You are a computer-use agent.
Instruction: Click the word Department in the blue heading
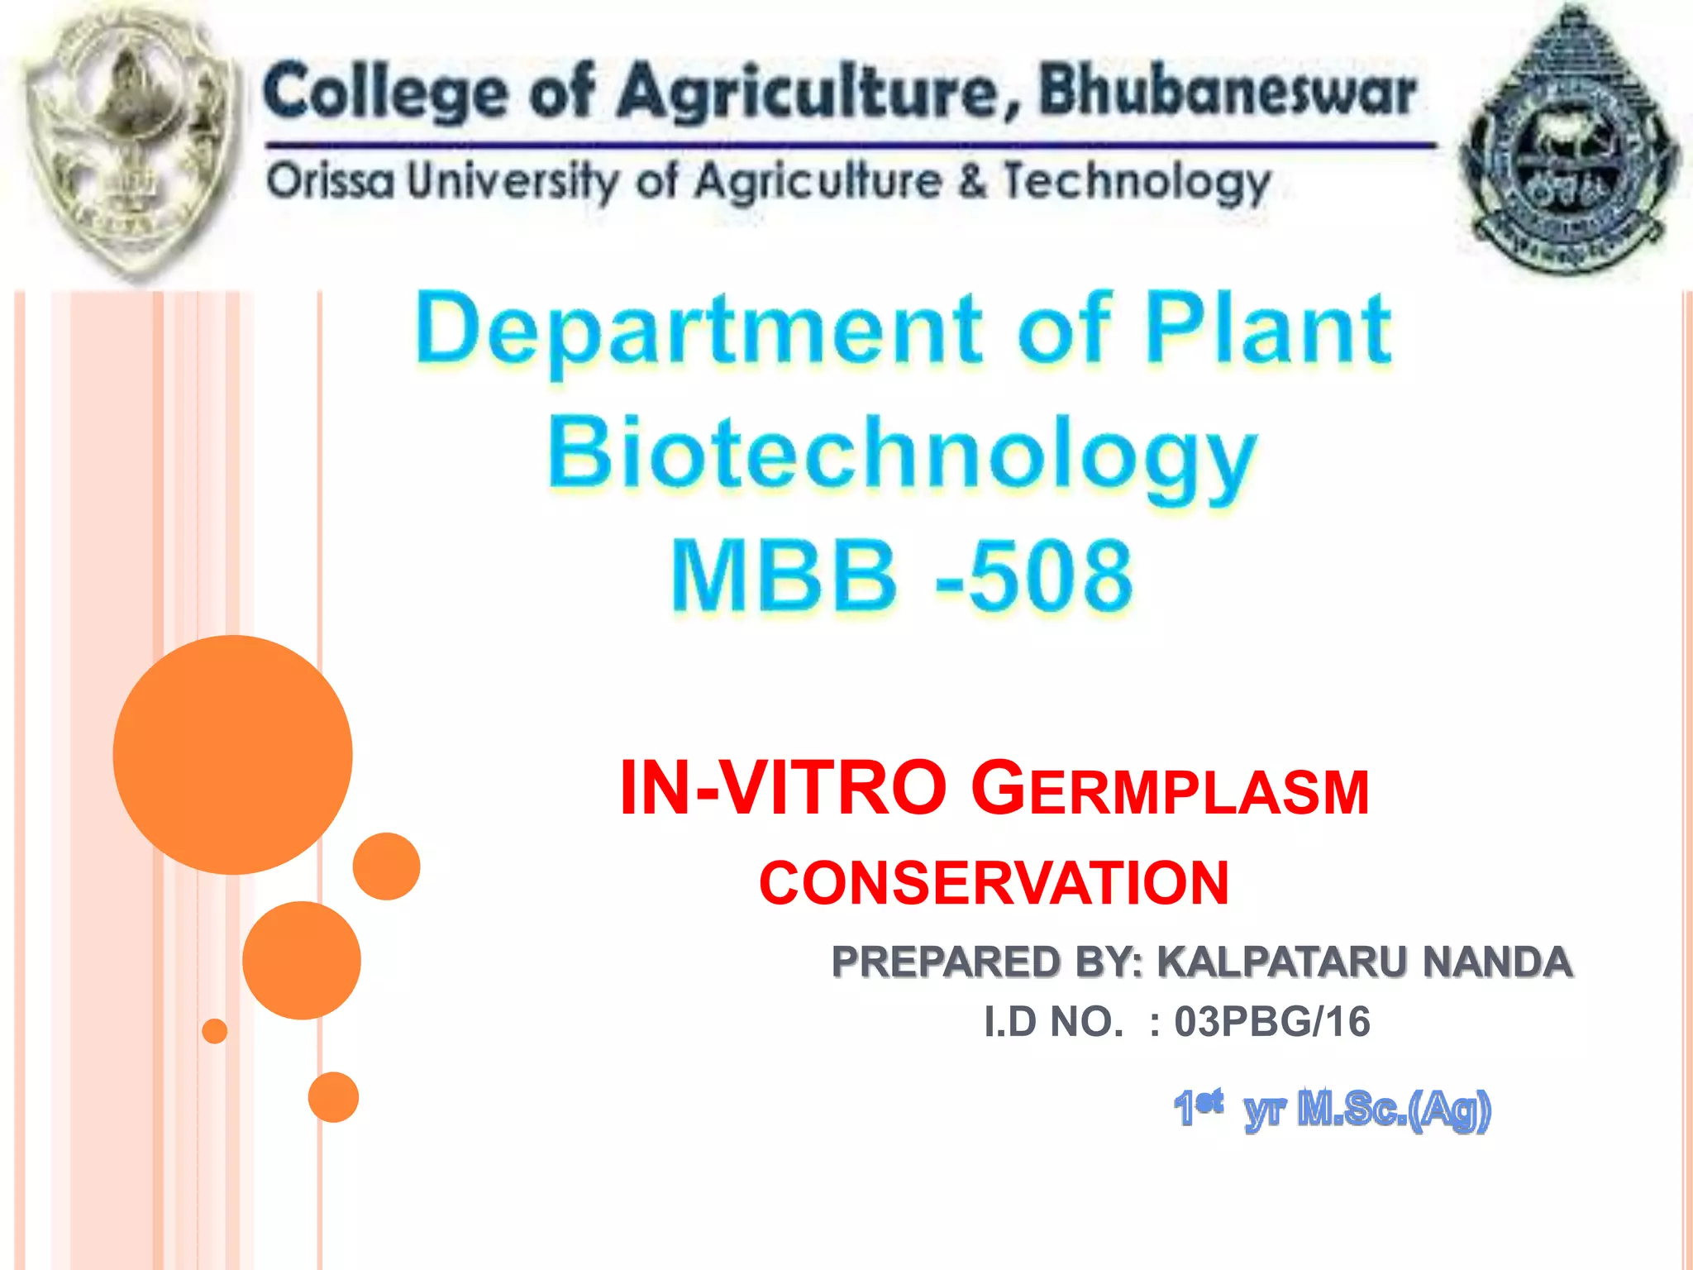(699, 331)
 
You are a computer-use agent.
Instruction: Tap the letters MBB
(784, 576)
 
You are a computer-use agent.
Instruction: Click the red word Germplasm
(1170, 790)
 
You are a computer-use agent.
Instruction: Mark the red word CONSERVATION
(994, 883)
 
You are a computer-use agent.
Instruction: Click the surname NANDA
(1496, 962)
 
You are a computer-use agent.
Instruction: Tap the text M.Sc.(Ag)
(1394, 1110)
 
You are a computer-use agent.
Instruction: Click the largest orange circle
(232, 754)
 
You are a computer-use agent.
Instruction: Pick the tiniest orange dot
(214, 1031)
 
